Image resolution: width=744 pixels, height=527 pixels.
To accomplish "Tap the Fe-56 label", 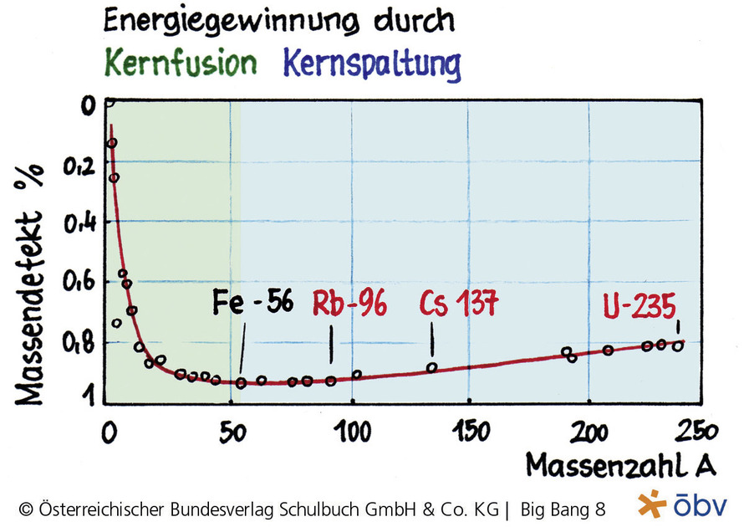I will pos(252,302).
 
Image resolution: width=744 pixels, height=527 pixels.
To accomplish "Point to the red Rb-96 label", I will pos(349,304).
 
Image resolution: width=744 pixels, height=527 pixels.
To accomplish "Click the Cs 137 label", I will pos(458,304).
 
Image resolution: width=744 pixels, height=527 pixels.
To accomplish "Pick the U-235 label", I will pos(640,307).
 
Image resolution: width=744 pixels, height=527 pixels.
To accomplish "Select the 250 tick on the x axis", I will pos(696,432).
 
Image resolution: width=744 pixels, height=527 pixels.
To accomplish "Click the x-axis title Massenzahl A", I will pos(620,464).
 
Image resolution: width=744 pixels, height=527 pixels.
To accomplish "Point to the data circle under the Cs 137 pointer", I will pos(432,367).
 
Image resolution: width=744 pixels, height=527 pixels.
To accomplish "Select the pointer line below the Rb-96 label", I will pos(331,344).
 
